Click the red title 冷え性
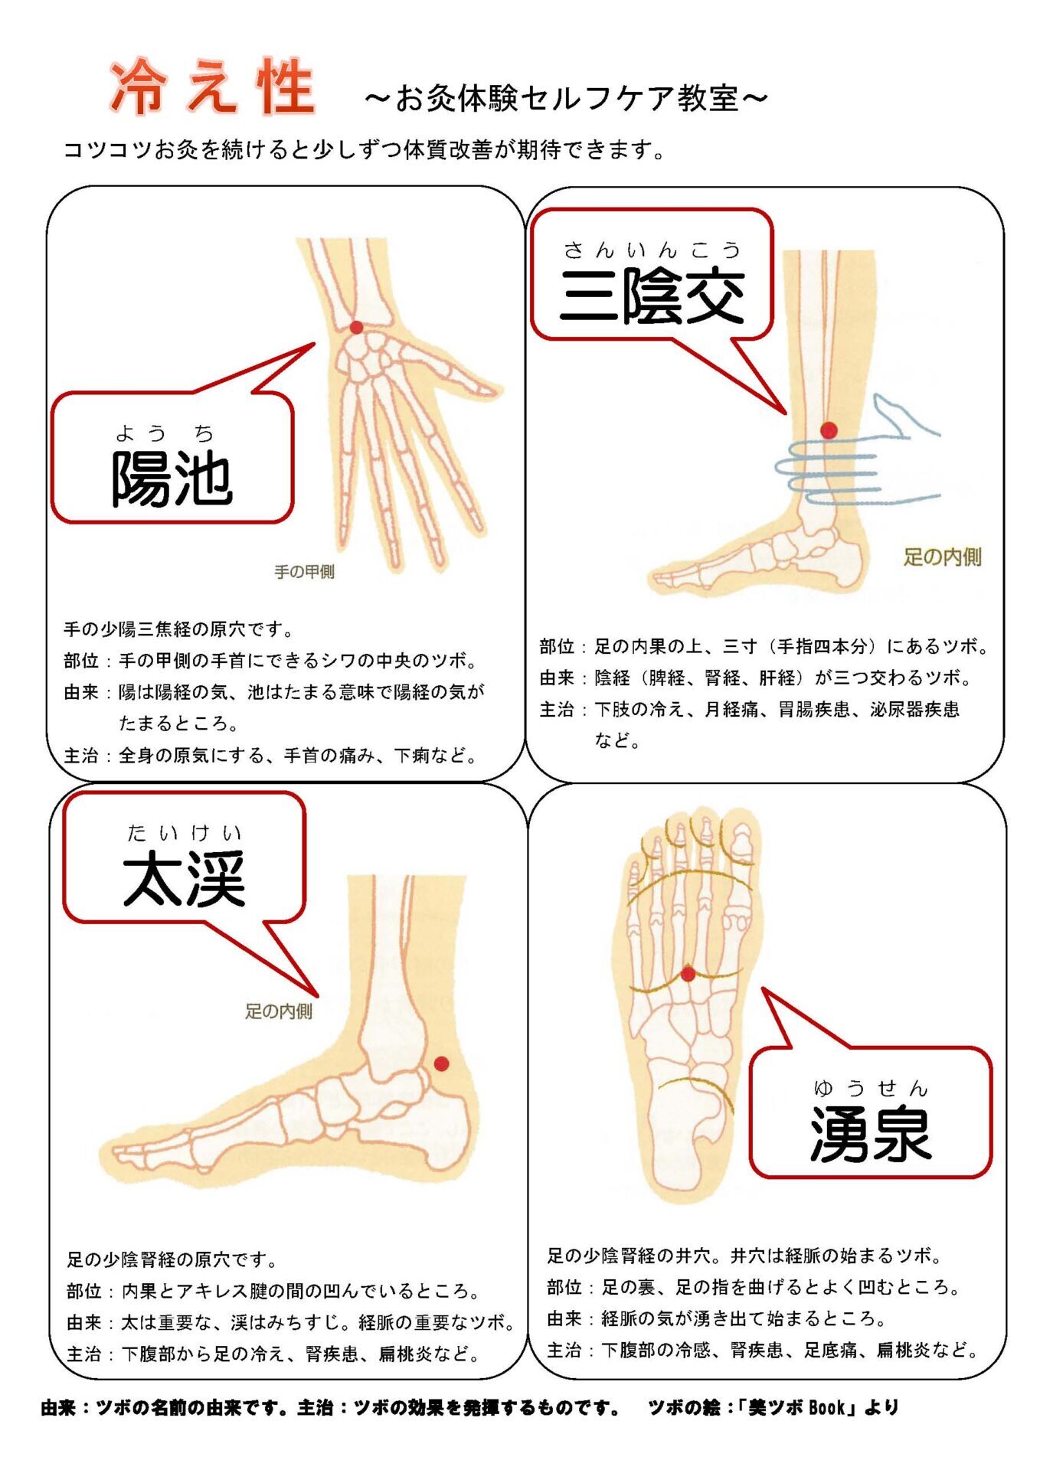point(212,87)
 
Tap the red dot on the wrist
point(356,328)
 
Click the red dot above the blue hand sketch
point(829,430)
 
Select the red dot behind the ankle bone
point(441,1063)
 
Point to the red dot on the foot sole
point(688,974)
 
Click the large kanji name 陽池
point(172,479)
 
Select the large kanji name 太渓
point(184,879)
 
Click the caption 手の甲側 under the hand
point(304,572)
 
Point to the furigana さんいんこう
point(652,250)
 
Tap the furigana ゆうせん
point(871,1088)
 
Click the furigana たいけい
point(184,832)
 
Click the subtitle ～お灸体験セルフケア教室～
point(566,98)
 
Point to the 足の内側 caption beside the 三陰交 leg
point(942,557)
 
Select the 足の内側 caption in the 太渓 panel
point(279,1011)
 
